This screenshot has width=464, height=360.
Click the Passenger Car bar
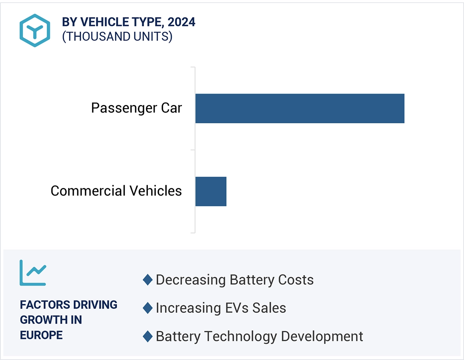click(299, 108)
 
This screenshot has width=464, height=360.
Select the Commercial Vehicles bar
click(211, 191)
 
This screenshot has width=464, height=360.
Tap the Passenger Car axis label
click(136, 108)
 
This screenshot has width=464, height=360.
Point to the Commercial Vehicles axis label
click(116, 191)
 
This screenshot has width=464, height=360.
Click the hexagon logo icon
click(35, 30)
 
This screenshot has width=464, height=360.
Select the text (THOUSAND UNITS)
click(117, 36)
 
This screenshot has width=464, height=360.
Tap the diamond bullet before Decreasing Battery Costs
click(148, 280)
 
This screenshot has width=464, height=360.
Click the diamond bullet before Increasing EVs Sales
click(148, 308)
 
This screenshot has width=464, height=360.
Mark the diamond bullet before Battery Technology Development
click(148, 336)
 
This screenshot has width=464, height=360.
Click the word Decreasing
click(191, 280)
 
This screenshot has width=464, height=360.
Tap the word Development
click(322, 336)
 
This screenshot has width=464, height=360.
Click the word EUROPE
click(41, 335)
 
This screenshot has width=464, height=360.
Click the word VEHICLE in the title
click(107, 22)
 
